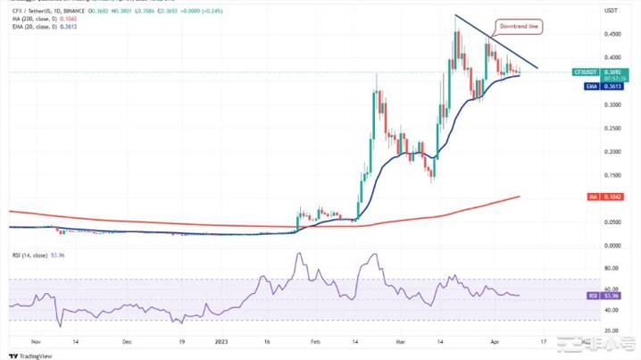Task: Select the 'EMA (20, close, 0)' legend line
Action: [x=34, y=26]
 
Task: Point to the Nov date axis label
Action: [x=36, y=341]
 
